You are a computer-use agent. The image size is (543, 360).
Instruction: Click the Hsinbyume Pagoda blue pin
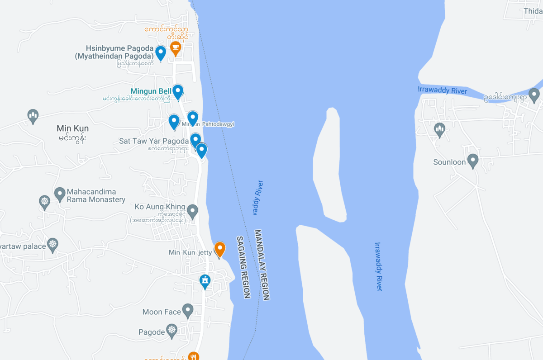click(x=160, y=52)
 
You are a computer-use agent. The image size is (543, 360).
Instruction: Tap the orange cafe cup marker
click(x=176, y=47)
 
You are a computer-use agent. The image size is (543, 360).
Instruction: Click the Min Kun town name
click(x=72, y=129)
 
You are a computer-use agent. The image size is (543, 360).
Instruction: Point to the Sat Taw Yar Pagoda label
click(x=154, y=141)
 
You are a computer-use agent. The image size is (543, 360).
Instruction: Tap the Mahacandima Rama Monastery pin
click(x=60, y=194)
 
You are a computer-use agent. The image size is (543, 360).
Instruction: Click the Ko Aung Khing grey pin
click(x=193, y=210)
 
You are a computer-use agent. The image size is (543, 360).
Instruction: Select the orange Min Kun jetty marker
click(x=219, y=248)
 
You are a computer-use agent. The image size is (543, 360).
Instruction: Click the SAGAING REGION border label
click(x=243, y=267)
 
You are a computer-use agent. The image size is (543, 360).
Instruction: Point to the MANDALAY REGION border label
click(x=262, y=265)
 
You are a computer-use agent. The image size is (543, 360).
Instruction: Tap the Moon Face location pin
click(x=188, y=310)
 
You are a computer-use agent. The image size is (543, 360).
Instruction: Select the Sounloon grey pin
click(x=473, y=160)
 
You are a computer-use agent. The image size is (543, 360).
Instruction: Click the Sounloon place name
click(x=449, y=162)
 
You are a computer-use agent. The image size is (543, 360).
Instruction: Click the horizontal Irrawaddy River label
click(x=442, y=90)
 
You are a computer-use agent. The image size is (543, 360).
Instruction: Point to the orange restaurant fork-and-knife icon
click(x=194, y=356)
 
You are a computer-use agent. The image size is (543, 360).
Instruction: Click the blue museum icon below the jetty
click(x=205, y=281)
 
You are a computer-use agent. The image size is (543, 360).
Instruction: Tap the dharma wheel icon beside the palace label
click(x=53, y=244)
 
